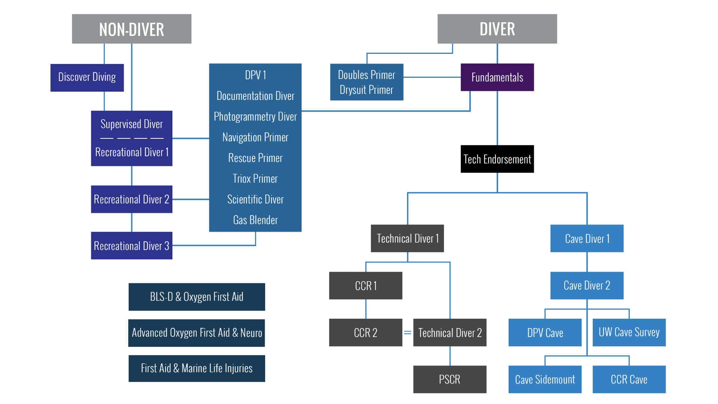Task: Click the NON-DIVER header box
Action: (131, 29)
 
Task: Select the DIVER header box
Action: (497, 29)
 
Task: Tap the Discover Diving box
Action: (87, 77)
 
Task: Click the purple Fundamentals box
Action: (497, 77)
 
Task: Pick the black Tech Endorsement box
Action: (497, 159)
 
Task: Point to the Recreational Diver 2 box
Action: (131, 199)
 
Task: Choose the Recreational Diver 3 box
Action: (131, 246)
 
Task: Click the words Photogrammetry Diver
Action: (255, 116)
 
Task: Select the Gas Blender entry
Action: (255, 220)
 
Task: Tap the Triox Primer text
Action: (255, 178)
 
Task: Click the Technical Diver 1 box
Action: (407, 238)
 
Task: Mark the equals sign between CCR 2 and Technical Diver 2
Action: (408, 333)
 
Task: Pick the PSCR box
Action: (449, 379)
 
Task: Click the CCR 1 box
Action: (365, 286)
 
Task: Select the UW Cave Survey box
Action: (629, 332)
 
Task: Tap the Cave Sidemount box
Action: (545, 379)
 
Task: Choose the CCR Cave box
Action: (629, 379)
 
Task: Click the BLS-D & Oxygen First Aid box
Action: (197, 297)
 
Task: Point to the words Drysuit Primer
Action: (366, 90)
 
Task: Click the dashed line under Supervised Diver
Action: (132, 138)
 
